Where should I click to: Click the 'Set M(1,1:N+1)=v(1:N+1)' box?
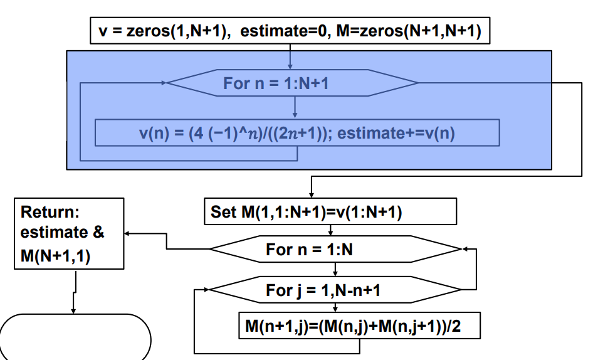(x=330, y=212)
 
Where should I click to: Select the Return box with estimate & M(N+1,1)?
(x=68, y=233)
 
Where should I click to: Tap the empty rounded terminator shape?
(x=76, y=337)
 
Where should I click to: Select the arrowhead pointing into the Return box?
(x=128, y=233)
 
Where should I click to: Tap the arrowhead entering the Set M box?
(x=312, y=194)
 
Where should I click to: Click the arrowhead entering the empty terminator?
(x=75, y=309)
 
